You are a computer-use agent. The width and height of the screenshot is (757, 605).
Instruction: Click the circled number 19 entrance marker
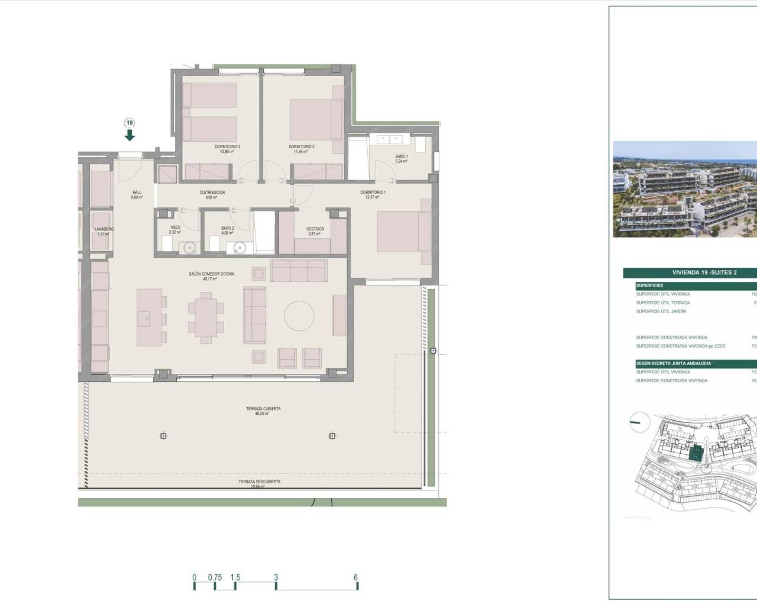coord(130,123)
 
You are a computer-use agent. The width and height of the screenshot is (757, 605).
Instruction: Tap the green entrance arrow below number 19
coord(130,135)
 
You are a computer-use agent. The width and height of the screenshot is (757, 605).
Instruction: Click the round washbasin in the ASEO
coord(189,248)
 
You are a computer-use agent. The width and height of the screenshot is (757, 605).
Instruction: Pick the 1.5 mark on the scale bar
coord(235,578)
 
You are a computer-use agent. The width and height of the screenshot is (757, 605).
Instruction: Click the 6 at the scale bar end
coord(355,578)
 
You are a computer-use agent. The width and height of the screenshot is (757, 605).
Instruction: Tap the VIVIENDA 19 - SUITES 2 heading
coord(704,272)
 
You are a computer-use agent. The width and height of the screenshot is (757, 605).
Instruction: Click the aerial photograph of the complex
coord(685,189)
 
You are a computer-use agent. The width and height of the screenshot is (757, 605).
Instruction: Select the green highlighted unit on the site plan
coord(697,454)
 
